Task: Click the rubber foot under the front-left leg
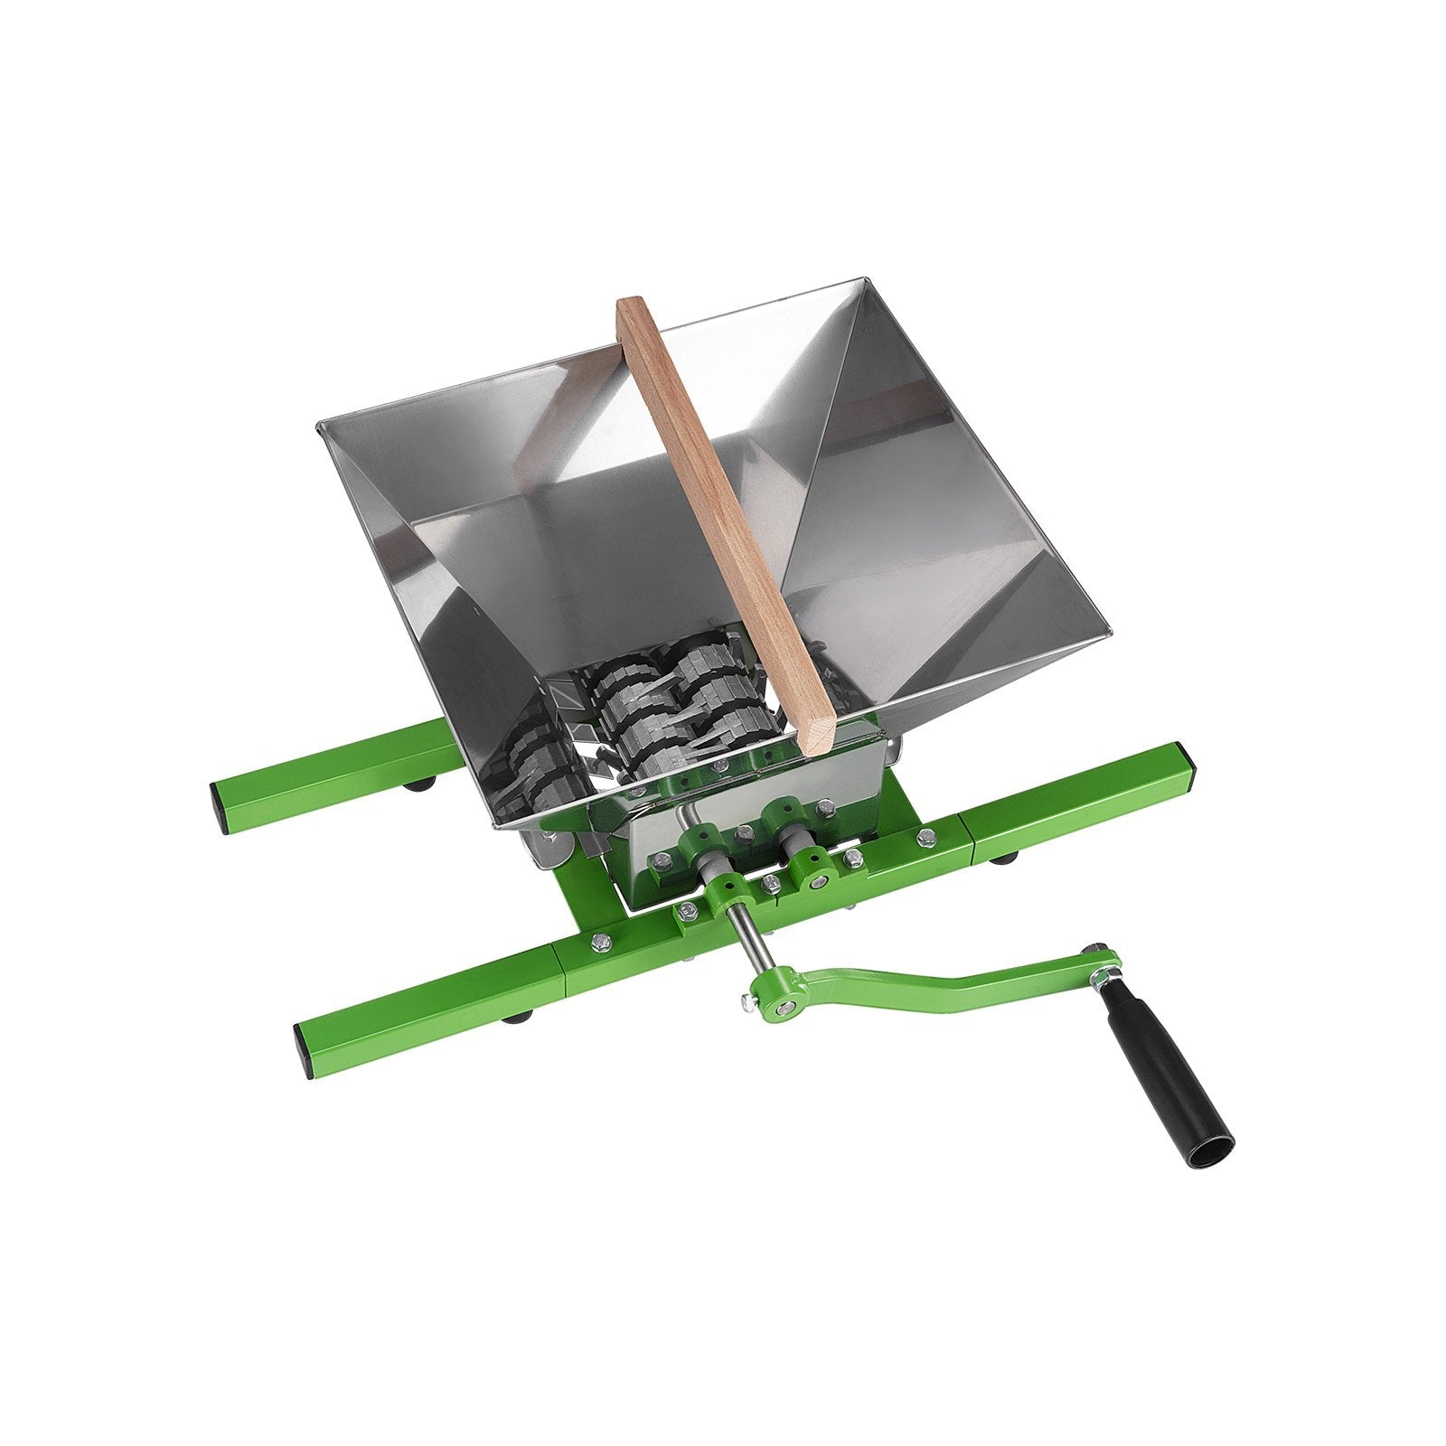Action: click(517, 1019)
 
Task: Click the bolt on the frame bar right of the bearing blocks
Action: click(925, 838)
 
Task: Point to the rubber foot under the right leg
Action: click(1002, 857)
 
